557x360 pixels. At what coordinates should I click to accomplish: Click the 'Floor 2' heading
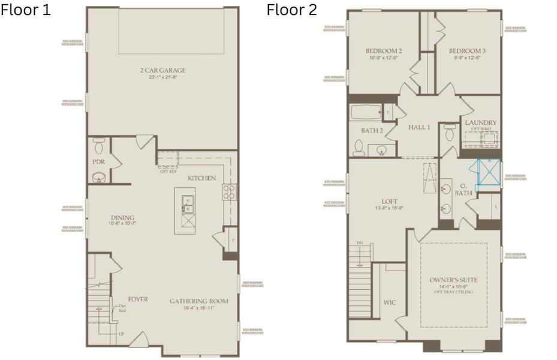tap(292, 10)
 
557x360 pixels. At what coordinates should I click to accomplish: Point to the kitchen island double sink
tap(188, 205)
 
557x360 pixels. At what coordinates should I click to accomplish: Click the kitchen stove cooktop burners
tap(228, 191)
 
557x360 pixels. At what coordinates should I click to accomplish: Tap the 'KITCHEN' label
tap(201, 178)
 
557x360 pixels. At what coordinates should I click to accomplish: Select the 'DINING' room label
tap(122, 217)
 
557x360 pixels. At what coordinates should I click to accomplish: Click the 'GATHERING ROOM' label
tap(198, 301)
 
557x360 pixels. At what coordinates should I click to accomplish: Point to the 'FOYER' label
tap(138, 299)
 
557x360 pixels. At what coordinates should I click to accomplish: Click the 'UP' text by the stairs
tap(122, 333)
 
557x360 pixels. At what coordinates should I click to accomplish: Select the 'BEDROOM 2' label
tap(383, 51)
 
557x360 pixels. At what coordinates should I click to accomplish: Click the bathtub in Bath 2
tap(366, 112)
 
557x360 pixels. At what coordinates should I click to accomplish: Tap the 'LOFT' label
tap(390, 202)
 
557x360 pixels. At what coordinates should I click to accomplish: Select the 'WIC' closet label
tap(390, 302)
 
